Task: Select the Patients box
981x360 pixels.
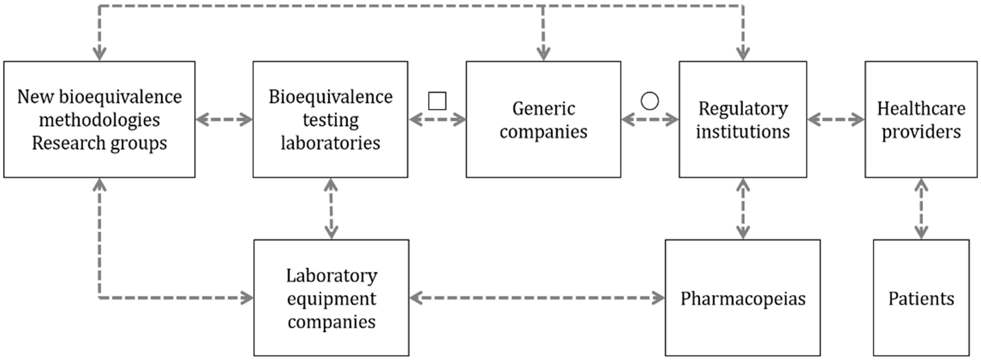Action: click(x=921, y=298)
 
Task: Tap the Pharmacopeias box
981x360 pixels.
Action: click(x=743, y=298)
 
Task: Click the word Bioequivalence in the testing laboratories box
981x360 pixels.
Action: click(x=330, y=97)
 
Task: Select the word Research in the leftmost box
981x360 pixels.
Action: click(x=68, y=143)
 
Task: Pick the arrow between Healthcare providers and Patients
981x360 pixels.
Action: click(x=921, y=208)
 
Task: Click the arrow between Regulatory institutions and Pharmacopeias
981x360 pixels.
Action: click(x=743, y=208)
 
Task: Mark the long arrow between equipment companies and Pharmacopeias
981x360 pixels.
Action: click(x=537, y=297)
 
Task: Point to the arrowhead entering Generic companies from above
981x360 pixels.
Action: click(x=543, y=53)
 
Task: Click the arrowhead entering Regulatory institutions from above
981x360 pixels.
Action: click(x=743, y=53)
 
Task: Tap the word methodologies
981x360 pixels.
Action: click(x=99, y=120)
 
